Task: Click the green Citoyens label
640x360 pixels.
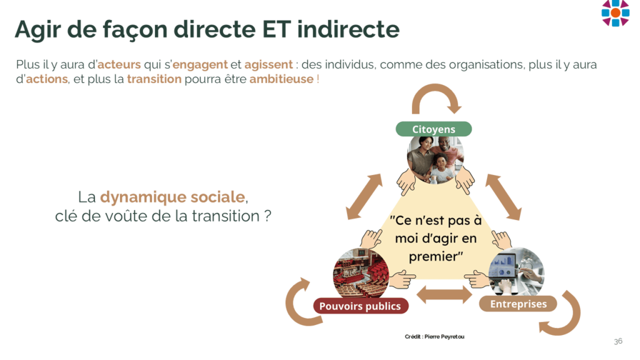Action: pyautogui.click(x=434, y=129)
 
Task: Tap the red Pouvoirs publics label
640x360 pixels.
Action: pyautogui.click(x=361, y=306)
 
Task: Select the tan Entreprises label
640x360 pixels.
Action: pyautogui.click(x=518, y=304)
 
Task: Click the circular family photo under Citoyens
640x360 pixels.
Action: pyautogui.click(x=436, y=159)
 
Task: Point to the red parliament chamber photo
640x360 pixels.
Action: pyautogui.click(x=361, y=274)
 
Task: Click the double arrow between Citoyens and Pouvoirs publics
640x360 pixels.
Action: pyautogui.click(x=364, y=197)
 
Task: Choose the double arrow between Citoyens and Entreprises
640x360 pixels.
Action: pyautogui.click(x=503, y=197)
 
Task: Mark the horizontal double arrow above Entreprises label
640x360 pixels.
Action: pyautogui.click(x=444, y=294)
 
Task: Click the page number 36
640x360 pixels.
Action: pyautogui.click(x=618, y=341)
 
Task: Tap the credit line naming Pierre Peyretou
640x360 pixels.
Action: pyautogui.click(x=434, y=337)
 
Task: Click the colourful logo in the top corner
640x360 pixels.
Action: pyautogui.click(x=615, y=12)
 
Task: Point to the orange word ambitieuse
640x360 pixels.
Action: pyautogui.click(x=281, y=79)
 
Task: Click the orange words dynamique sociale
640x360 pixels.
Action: pyautogui.click(x=172, y=197)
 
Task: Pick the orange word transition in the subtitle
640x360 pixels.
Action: pyautogui.click(x=154, y=79)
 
